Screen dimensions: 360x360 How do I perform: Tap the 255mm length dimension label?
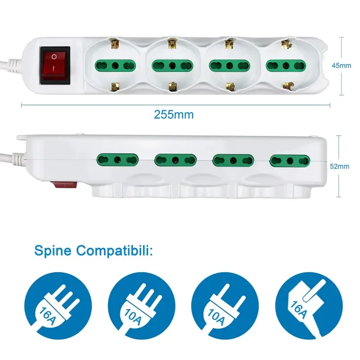(x=174, y=115)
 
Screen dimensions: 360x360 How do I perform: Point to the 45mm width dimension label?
(x=341, y=65)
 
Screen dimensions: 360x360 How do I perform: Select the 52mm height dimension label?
(x=339, y=166)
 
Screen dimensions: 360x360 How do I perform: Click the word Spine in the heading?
(x=54, y=251)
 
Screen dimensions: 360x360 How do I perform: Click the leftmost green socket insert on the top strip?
(x=116, y=66)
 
